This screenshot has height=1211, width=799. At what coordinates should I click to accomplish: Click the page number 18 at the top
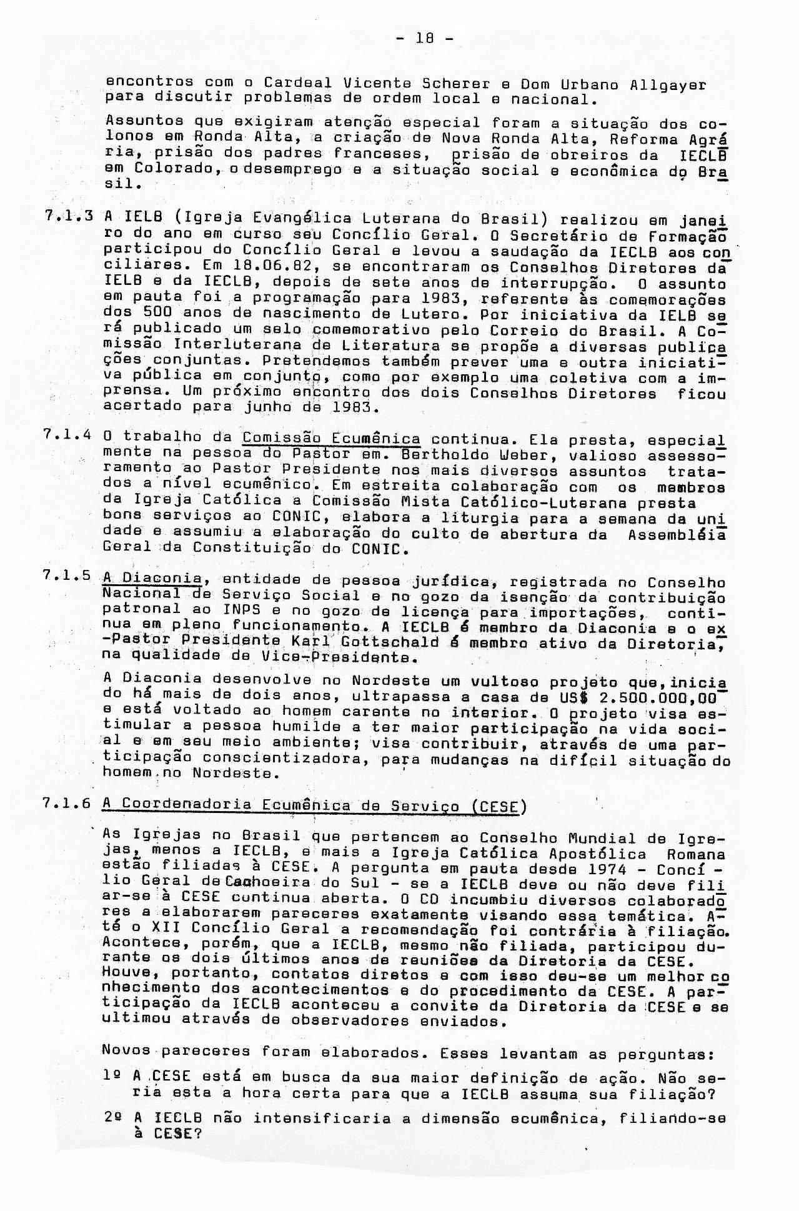pos(425,38)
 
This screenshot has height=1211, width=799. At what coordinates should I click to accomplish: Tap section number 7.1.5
pos(69,577)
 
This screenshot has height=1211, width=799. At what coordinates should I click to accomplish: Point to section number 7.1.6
pos(69,804)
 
